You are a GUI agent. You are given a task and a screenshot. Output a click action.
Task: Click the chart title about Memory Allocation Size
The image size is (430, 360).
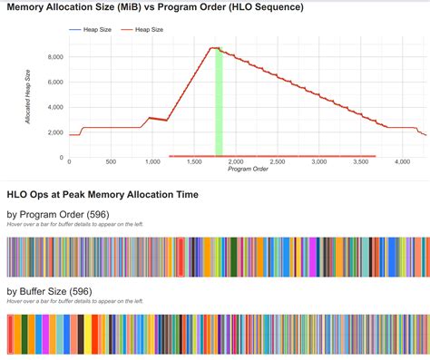pyautogui.click(x=155, y=8)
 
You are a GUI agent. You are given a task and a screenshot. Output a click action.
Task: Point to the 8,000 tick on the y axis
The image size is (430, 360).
pyautogui.click(x=54, y=57)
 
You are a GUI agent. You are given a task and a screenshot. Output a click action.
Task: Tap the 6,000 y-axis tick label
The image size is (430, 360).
pyautogui.click(x=54, y=83)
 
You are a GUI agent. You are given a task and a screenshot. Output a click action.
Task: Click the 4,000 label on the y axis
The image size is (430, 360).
pyautogui.click(x=54, y=107)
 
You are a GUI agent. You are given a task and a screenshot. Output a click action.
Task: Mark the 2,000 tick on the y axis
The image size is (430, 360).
pyautogui.click(x=54, y=132)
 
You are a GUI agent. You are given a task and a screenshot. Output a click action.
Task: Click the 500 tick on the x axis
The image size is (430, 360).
pyautogui.click(x=110, y=162)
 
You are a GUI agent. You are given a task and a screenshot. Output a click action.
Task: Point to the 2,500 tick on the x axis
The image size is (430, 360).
pyautogui.click(x=277, y=162)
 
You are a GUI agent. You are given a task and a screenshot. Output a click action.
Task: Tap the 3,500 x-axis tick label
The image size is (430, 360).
pyautogui.click(x=361, y=162)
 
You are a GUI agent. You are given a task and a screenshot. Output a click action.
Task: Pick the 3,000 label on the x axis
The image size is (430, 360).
pyautogui.click(x=319, y=162)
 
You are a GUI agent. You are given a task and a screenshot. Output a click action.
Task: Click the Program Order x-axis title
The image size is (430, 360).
pyautogui.click(x=247, y=170)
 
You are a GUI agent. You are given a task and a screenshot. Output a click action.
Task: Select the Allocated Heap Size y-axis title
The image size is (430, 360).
pyautogui.click(x=27, y=95)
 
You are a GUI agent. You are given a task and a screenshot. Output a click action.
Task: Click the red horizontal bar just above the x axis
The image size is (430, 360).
pyautogui.click(x=272, y=156)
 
